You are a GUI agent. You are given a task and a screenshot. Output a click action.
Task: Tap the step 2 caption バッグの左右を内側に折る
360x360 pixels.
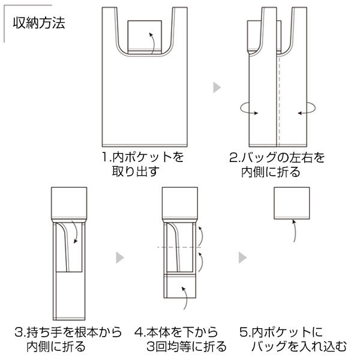coord(277,165)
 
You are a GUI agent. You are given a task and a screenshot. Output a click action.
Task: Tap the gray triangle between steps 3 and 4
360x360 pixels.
coord(120,257)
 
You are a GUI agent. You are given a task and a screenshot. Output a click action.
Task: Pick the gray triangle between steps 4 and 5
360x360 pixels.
coord(242,257)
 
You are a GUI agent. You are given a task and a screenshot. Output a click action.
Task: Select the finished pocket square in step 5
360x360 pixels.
coord(292,203)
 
